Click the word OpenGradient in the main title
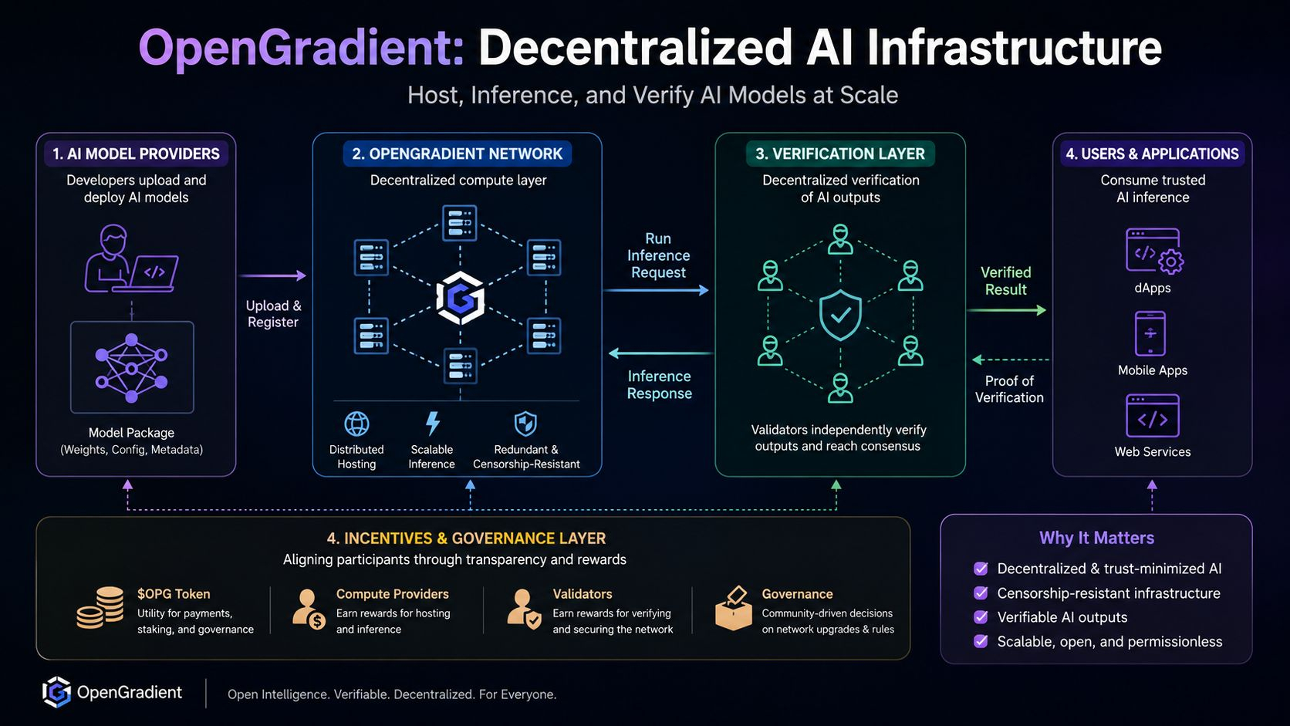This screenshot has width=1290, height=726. [301, 49]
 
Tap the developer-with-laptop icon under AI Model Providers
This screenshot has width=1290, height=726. [131, 258]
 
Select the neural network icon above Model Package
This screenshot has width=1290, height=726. [131, 367]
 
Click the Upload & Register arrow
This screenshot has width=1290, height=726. [272, 275]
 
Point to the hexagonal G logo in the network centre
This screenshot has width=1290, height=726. [460, 298]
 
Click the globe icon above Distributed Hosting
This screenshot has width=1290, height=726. [356, 424]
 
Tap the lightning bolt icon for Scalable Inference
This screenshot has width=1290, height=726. [433, 423]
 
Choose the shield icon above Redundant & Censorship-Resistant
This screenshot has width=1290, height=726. [525, 424]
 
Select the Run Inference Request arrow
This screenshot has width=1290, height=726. [656, 290]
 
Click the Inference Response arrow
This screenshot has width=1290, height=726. [660, 353]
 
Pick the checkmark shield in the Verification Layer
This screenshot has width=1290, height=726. [840, 314]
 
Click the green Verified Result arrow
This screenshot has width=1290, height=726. [1006, 310]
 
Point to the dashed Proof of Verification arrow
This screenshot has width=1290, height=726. [1010, 360]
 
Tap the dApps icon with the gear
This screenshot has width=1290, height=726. [1154, 251]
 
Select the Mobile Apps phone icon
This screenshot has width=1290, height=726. [1150, 334]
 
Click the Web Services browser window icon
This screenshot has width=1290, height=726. [1153, 416]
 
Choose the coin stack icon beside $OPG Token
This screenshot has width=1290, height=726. [100, 607]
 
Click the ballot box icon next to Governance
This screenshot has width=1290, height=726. [733, 609]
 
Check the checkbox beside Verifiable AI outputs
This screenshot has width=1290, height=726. [980, 617]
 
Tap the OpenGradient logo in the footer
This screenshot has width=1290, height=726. [56, 692]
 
